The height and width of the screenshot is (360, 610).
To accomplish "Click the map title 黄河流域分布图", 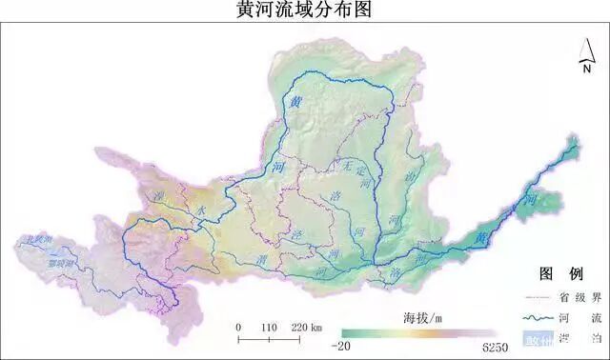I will (303, 11).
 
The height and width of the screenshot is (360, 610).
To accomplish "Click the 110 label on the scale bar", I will (268, 327).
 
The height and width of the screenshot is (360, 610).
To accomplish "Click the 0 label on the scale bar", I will (238, 327).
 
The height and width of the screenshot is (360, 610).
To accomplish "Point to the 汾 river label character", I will (410, 177).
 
